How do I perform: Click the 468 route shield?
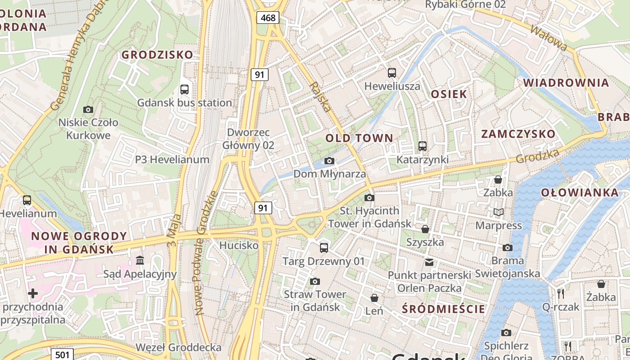click(x=268, y=18)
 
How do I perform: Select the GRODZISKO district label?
click(x=157, y=55)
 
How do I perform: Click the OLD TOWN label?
click(x=359, y=138)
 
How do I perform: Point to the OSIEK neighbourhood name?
click(x=449, y=94)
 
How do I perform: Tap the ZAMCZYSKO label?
click(x=518, y=134)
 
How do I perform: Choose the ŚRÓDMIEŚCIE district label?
click(x=444, y=309)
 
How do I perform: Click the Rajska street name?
click(x=320, y=97)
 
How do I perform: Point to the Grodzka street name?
click(x=537, y=156)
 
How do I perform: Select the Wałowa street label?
click(x=549, y=38)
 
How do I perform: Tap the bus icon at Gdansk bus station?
click(x=184, y=89)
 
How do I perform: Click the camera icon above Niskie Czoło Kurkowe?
click(x=88, y=109)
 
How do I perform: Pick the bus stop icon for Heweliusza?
click(x=392, y=72)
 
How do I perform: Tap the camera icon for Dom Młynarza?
click(x=329, y=161)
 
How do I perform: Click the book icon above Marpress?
click(x=498, y=212)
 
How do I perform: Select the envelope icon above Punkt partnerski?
click(x=429, y=262)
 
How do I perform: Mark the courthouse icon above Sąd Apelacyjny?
click(x=139, y=261)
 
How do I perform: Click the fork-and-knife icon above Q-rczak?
click(x=561, y=294)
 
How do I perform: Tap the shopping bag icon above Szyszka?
click(x=425, y=229)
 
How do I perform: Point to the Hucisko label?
click(x=238, y=245)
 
